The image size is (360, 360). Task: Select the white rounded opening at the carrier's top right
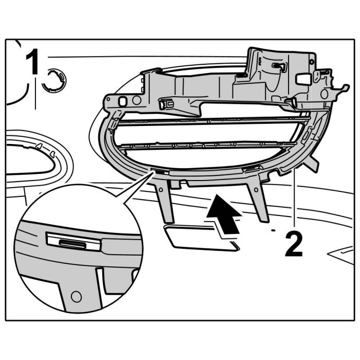(303, 79)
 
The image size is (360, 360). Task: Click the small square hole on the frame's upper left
(123, 100)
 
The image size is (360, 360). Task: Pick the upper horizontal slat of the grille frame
(216, 122)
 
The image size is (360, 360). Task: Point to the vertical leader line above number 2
(294, 201)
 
